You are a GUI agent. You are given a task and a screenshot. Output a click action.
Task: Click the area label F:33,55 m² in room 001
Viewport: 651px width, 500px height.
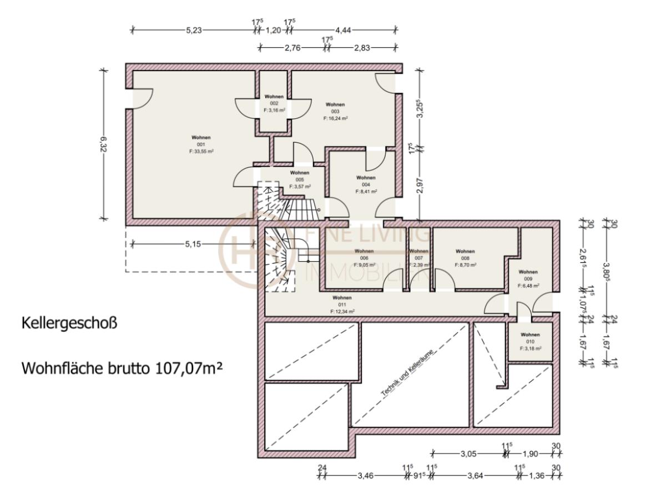(x=201, y=151)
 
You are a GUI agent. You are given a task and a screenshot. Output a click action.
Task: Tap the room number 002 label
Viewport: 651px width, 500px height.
(x=274, y=103)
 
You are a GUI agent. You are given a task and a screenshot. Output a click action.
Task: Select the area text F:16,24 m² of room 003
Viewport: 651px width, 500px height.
(x=335, y=118)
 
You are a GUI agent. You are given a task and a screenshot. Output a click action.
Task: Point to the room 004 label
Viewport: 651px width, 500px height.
(x=366, y=184)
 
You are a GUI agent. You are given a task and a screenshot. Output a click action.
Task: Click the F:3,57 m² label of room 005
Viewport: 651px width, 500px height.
(x=299, y=186)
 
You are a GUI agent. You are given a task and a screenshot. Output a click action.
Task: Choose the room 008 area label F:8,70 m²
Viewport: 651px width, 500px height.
(x=465, y=265)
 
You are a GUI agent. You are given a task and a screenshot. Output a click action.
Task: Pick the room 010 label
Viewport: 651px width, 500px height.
(x=530, y=342)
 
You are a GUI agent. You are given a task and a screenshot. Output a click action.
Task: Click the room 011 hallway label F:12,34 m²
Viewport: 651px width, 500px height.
(x=342, y=312)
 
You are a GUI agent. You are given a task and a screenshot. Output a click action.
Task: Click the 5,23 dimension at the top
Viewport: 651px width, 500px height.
(x=194, y=30)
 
